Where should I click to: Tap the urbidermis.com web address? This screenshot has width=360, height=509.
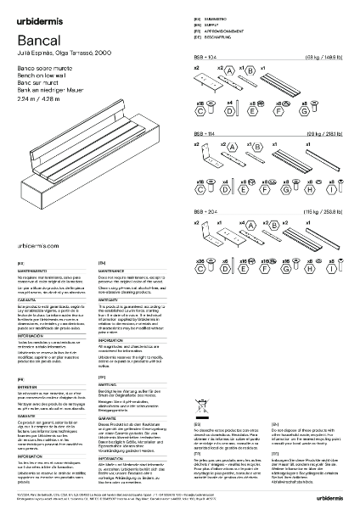39,243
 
